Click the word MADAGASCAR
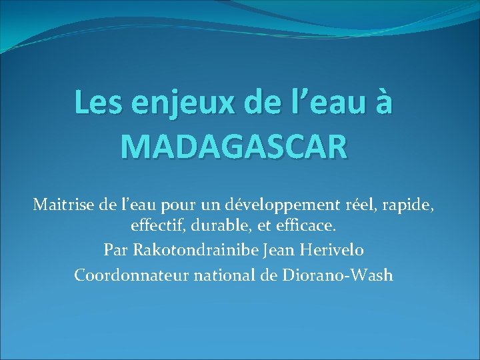tap(234, 145)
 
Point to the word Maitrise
tap(63, 204)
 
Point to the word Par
tap(116, 251)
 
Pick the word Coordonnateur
tap(131, 275)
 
